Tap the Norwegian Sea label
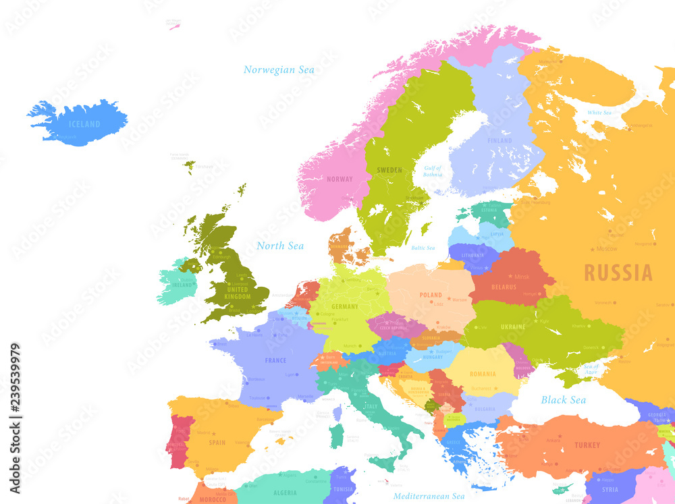tap(279, 70)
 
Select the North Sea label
tap(280, 246)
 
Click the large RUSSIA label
tap(618, 273)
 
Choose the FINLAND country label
tap(500, 140)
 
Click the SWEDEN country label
tap(389, 170)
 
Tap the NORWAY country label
tap(340, 179)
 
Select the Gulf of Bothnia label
tap(433, 171)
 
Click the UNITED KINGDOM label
tap(237, 293)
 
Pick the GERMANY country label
tap(345, 306)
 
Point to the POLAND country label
tap(431, 295)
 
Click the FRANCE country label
tap(275, 360)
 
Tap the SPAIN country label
tap(217, 443)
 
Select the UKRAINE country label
tap(513, 327)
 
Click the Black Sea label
tap(563, 400)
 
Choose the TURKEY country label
tap(587, 445)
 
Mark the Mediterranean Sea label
tap(429, 496)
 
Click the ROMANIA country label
tap(483, 374)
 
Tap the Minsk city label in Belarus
tap(522, 277)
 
